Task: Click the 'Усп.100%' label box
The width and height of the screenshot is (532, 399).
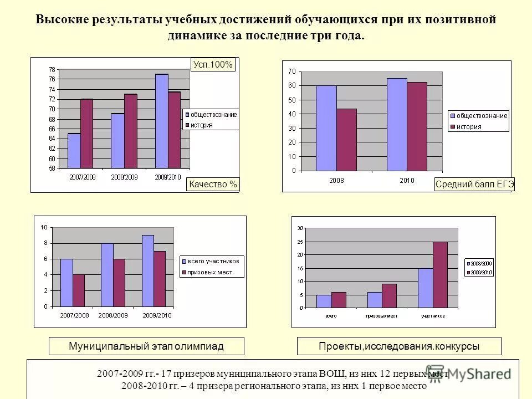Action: pos(213,65)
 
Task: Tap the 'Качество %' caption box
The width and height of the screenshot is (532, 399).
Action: pos(213,185)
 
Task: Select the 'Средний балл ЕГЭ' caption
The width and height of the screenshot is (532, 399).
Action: pos(475,185)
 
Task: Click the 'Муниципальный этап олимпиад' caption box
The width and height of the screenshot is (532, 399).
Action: pos(146,346)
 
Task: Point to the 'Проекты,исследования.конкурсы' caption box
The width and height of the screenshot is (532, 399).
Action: pos(399,346)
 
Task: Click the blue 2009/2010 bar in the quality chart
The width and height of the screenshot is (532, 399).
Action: pos(161,121)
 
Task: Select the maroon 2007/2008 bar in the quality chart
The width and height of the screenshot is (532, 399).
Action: pos(87,134)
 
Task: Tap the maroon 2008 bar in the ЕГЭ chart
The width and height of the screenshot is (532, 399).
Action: pos(346,140)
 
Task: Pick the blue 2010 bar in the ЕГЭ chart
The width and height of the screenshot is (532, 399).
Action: pos(397,124)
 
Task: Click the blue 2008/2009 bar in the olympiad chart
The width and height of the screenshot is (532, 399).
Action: pos(107,274)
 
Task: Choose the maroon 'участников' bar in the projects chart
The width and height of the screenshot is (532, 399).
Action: pos(440,274)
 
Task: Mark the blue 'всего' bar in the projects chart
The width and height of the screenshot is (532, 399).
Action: pos(324,301)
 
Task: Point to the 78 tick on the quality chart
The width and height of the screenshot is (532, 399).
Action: pos(52,70)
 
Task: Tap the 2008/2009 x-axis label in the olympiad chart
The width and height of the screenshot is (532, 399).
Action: pos(114,315)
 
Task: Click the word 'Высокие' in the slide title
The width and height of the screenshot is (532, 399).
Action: pos(60,20)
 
